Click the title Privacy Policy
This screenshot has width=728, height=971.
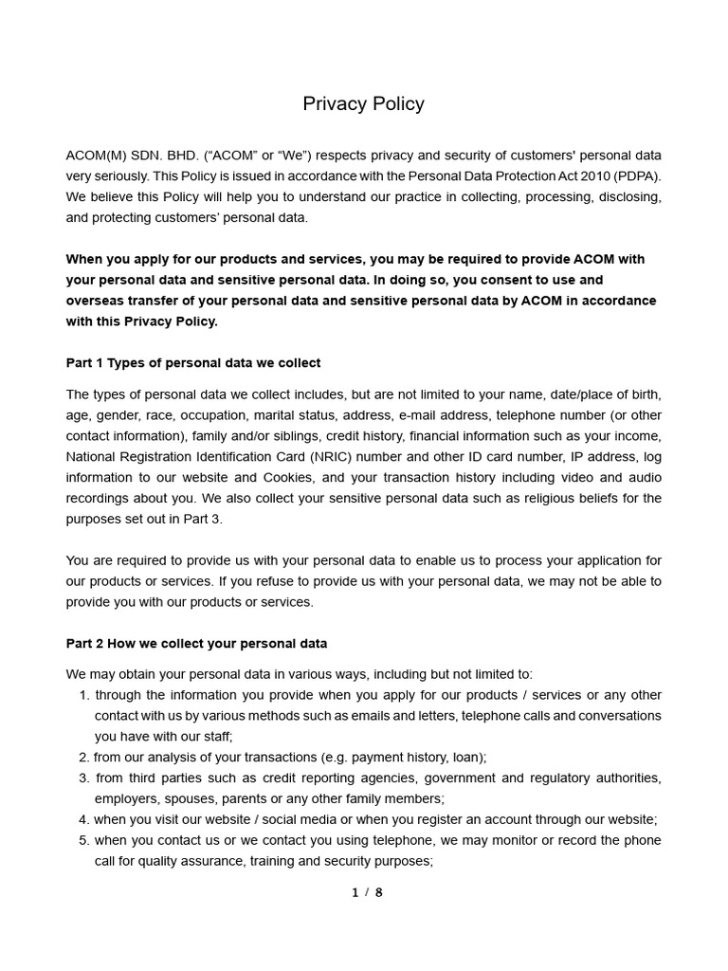click(363, 104)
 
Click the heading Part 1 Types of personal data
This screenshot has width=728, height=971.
click(193, 363)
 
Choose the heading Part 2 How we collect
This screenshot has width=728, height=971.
click(196, 644)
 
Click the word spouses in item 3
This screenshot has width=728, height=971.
click(192, 799)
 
